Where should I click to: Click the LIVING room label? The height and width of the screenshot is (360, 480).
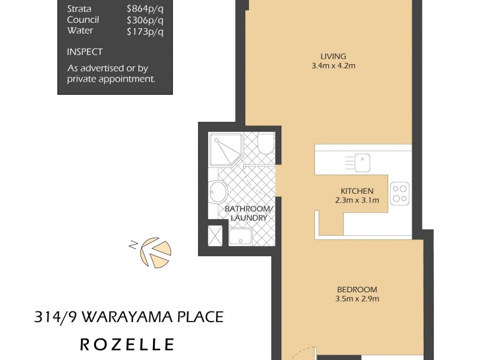330,55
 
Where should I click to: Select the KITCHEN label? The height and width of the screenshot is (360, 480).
357,191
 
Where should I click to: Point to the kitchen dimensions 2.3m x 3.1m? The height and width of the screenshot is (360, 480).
357,200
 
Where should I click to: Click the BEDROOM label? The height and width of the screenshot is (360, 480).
358,289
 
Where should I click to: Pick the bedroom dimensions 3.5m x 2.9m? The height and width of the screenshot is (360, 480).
358,298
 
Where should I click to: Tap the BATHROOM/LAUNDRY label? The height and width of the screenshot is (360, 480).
248,213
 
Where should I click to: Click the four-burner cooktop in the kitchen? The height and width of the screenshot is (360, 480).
399,193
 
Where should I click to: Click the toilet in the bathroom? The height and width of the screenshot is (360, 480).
265,144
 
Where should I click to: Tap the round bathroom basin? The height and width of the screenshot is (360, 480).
217,193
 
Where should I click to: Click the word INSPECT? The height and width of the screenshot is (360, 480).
85,52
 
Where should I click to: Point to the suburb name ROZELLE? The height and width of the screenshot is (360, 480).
128,344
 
